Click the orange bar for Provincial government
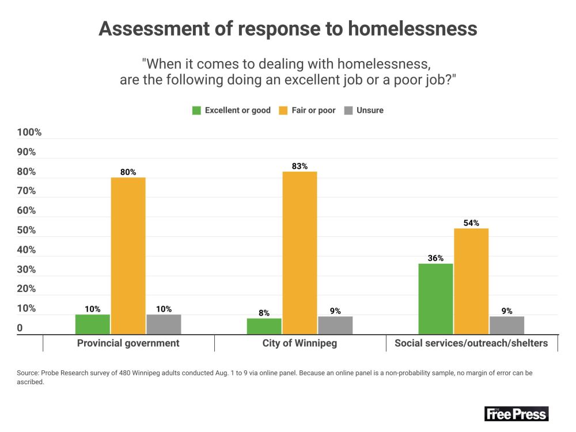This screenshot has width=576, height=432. pos(128,256)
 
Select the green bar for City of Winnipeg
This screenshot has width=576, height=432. pos(264,326)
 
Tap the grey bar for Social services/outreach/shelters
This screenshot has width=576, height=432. pos(507,325)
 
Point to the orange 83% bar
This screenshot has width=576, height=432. pos(300,253)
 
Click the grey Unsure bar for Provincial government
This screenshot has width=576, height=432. pos(164,324)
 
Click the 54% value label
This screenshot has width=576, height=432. pos(471,223)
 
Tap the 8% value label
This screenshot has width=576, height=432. pos(264,313)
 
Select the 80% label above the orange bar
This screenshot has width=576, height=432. pos(128,172)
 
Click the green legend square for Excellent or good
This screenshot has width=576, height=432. pos(197,110)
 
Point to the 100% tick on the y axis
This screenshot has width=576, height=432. pos(29,132)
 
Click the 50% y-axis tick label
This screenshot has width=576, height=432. pos(26,230)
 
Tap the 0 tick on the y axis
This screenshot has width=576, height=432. pos(20,328)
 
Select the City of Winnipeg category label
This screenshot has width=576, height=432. pos(300,343)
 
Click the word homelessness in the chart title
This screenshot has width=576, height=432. pos(413,29)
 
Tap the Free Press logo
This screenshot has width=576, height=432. pos(516,414)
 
